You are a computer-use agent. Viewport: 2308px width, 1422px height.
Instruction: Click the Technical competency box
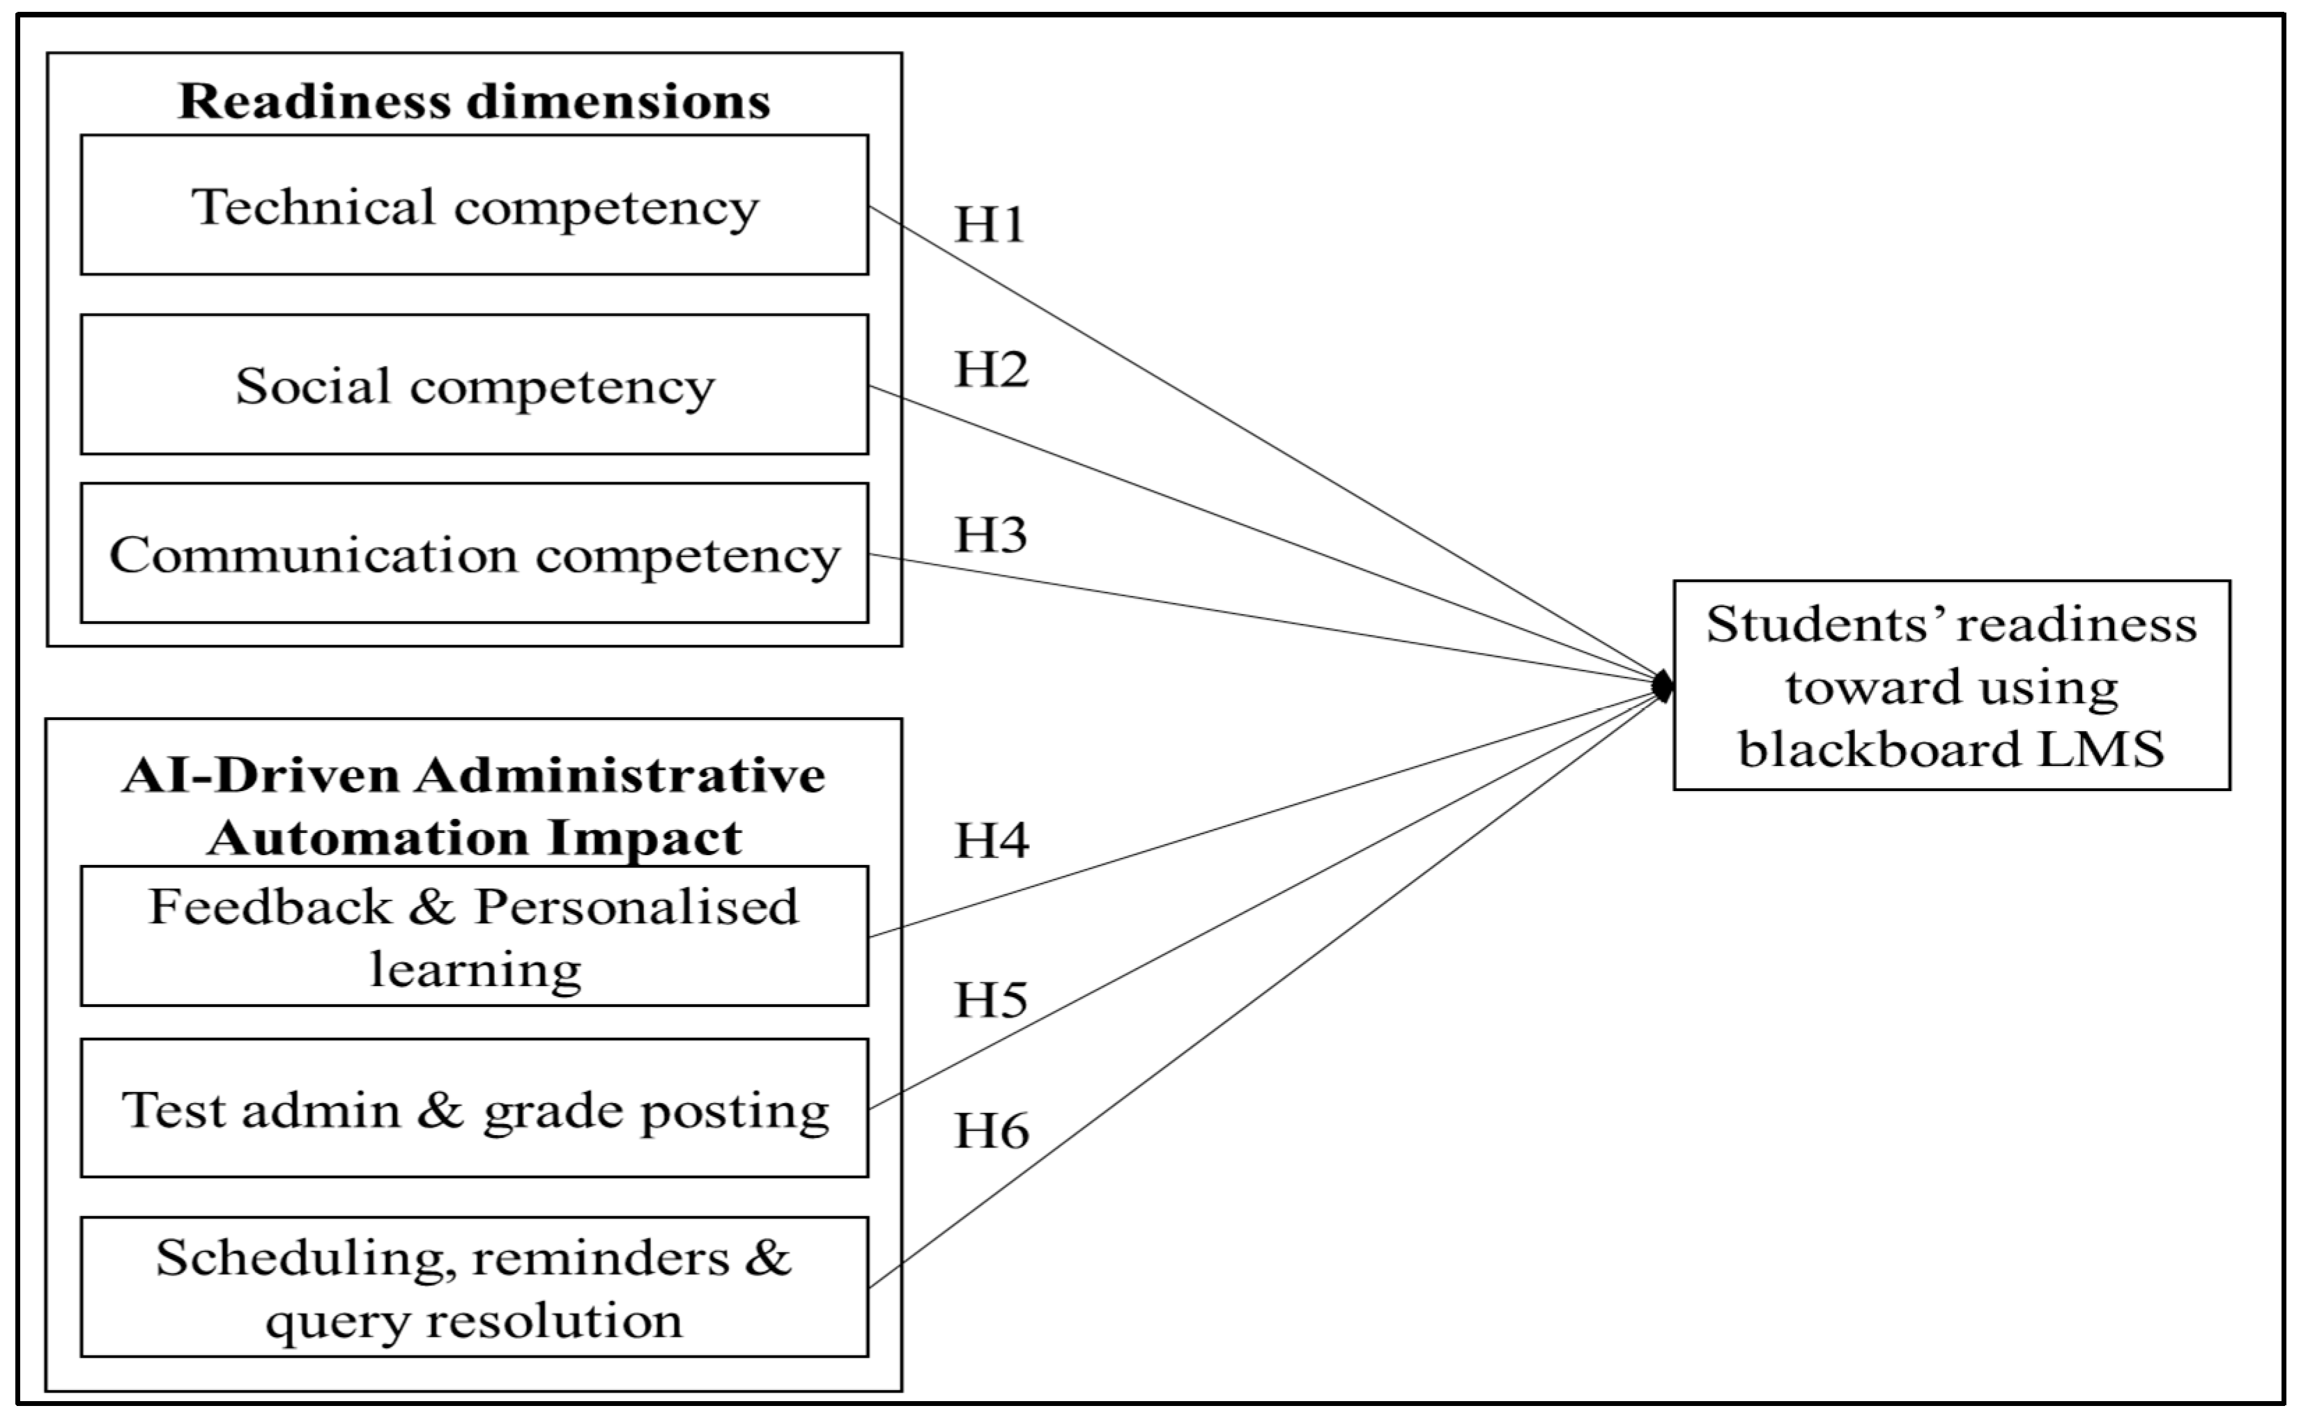(474, 205)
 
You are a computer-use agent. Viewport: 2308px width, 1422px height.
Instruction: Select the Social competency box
(474, 384)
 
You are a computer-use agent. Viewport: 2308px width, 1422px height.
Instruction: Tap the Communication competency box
(474, 554)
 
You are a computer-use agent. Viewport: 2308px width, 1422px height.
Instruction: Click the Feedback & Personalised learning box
(474, 937)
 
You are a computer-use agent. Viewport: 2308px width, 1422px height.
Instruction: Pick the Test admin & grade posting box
(474, 1109)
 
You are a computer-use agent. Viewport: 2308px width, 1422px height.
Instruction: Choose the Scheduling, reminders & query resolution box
(474, 1288)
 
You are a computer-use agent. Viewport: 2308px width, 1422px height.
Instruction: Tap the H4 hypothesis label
(991, 840)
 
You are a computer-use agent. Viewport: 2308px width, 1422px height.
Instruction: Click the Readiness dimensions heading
(474, 102)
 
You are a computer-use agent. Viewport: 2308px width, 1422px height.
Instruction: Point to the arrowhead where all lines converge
(1663, 687)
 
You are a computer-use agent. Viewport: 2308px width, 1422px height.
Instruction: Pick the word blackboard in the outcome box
(1879, 749)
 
